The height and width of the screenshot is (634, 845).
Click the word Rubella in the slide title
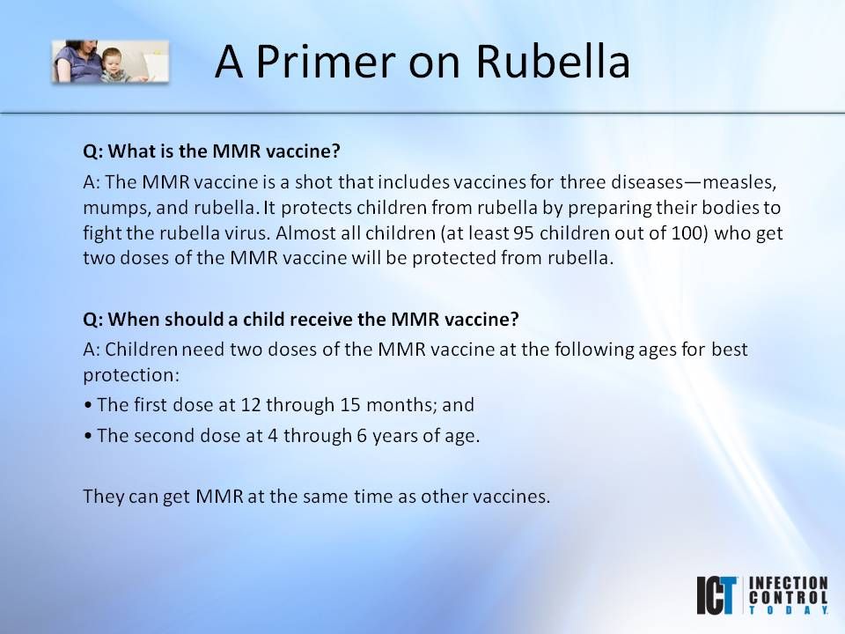coord(553,61)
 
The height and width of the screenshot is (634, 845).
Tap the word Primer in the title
coord(326,61)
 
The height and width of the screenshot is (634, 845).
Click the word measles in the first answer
coord(739,182)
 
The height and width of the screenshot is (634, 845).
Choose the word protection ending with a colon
coord(131,375)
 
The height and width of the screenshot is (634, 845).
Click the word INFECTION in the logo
coord(789,583)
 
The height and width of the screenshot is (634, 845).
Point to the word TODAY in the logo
coord(789,609)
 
